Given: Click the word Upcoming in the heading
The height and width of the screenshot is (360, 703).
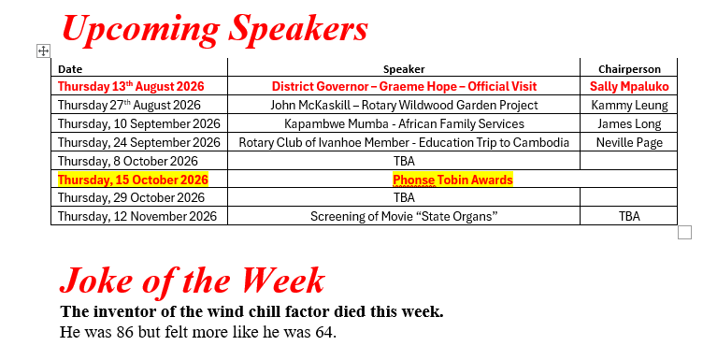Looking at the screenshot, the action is (x=141, y=29).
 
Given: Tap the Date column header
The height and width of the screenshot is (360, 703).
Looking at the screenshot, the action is (x=70, y=69).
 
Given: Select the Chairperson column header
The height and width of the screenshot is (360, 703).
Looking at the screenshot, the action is (x=629, y=69).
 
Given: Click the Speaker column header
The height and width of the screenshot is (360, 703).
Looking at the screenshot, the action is (x=404, y=69).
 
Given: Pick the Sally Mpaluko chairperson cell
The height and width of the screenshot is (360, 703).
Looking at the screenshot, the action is (x=629, y=86).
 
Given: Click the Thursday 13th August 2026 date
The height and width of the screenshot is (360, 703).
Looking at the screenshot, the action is (x=131, y=86).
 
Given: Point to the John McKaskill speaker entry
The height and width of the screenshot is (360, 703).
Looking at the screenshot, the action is (x=404, y=105).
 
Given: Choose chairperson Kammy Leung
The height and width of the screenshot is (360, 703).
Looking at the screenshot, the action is (x=629, y=105).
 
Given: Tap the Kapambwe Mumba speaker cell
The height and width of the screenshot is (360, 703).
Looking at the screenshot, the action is (x=404, y=123).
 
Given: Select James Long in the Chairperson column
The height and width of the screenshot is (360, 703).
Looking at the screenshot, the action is (x=629, y=123).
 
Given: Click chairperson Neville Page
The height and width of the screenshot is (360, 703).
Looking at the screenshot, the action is (x=629, y=142).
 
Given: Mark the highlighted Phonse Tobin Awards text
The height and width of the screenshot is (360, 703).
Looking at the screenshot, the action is (x=452, y=180).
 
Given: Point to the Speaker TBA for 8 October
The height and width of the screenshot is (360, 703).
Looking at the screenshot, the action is (x=404, y=161).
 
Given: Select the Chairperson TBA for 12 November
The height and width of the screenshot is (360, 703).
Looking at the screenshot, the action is (x=629, y=216).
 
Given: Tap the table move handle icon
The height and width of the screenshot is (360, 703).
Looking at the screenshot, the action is (x=43, y=51).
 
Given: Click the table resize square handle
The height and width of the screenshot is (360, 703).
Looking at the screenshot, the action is (x=684, y=233).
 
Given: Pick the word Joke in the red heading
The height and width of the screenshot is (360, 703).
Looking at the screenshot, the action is (x=96, y=281).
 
